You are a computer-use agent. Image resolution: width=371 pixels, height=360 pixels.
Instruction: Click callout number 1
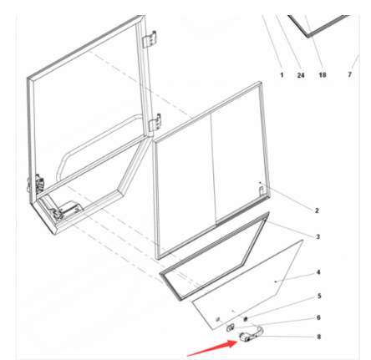pyautogui.click(x=282, y=75)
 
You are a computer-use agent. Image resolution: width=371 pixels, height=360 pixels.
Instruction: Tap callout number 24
pyautogui.click(x=301, y=75)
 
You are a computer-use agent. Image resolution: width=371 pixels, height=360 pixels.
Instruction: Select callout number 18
pyautogui.click(x=323, y=75)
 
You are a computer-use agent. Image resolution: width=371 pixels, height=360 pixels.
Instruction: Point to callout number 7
pyautogui.click(x=350, y=74)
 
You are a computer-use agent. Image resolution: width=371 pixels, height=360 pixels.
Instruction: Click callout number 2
pyautogui.click(x=317, y=210)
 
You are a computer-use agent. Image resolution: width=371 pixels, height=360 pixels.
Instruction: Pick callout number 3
pyautogui.click(x=318, y=236)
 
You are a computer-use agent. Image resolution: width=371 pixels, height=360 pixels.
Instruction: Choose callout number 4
pyautogui.click(x=318, y=272)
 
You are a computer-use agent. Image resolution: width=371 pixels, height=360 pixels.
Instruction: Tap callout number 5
pyautogui.click(x=319, y=296)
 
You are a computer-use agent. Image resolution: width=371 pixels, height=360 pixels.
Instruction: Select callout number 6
pyautogui.click(x=318, y=317)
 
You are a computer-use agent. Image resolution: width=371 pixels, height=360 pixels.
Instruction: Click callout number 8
pyautogui.click(x=319, y=337)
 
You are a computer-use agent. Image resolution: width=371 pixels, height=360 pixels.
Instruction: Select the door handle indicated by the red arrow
pyautogui.click(x=252, y=333)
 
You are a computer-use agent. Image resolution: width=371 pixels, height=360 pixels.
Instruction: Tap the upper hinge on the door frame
pyautogui.click(x=150, y=39)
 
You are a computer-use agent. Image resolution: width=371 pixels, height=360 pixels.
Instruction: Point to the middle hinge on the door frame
pyautogui.click(x=155, y=122)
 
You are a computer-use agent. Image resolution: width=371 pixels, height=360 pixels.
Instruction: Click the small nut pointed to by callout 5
pyautogui.click(x=246, y=319)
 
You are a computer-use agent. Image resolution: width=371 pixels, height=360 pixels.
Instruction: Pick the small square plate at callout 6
pyautogui.click(x=230, y=328)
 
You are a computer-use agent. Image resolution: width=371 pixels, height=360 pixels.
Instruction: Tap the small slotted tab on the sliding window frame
pyautogui.click(x=262, y=191)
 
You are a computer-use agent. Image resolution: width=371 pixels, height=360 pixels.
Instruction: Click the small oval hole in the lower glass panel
pyautogui.click(x=217, y=319)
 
